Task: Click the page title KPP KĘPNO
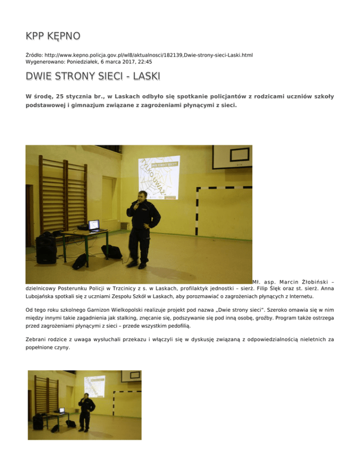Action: [x=52, y=36]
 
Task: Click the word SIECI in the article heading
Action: [x=99, y=76]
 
